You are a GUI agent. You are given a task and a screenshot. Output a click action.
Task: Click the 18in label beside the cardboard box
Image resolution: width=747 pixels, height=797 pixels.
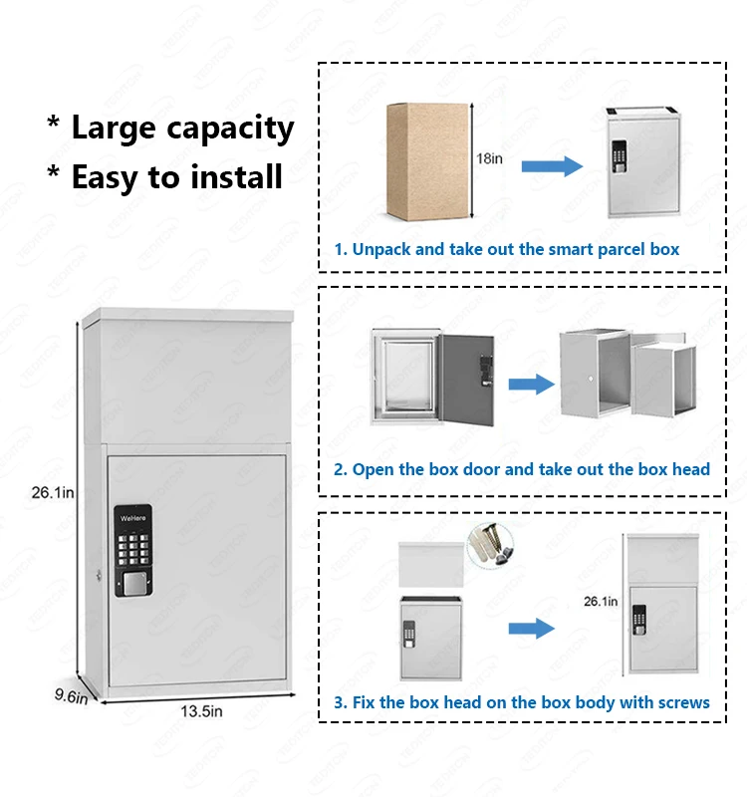(491, 158)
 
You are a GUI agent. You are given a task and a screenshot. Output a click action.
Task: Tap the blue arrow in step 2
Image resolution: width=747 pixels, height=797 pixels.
(531, 385)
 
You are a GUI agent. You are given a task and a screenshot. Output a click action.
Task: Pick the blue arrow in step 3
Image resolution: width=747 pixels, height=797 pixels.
(531, 628)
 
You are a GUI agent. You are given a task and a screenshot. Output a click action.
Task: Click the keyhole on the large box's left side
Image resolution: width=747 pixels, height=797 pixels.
(101, 575)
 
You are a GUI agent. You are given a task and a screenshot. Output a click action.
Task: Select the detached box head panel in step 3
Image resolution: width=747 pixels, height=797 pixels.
(431, 564)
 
